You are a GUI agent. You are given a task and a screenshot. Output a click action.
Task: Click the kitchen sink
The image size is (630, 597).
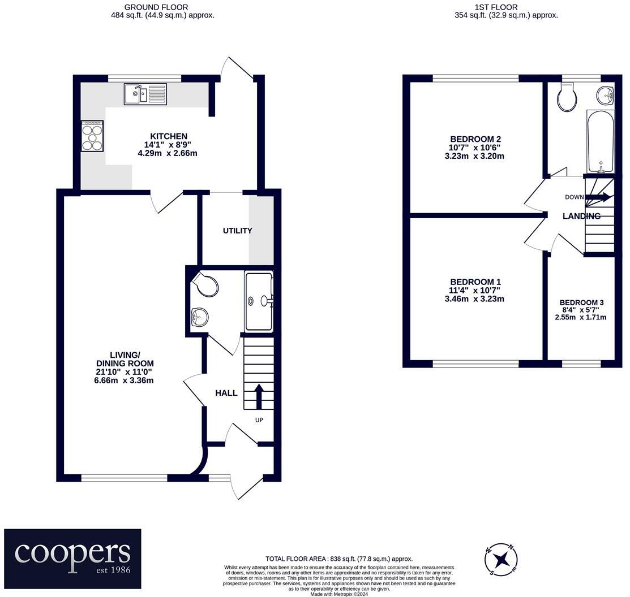click(x=145, y=94)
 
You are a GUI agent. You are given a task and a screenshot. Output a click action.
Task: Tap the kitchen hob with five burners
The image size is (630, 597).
click(x=92, y=136)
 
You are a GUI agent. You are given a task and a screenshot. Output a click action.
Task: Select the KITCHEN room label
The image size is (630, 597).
click(x=169, y=136)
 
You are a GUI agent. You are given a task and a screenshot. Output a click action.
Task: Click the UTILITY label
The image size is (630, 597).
click(x=238, y=231)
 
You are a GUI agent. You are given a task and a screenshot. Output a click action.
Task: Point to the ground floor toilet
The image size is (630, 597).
click(x=205, y=284)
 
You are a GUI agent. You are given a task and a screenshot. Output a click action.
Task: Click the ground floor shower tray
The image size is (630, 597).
click(x=259, y=301)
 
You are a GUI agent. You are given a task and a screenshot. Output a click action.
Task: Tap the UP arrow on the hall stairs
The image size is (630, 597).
click(x=259, y=396)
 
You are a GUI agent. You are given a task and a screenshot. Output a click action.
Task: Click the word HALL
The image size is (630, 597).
click(x=226, y=393)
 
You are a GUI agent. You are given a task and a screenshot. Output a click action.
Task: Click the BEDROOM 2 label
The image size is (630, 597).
click(x=475, y=139)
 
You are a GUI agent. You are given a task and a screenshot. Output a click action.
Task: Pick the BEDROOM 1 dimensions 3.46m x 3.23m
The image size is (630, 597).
click(x=474, y=299)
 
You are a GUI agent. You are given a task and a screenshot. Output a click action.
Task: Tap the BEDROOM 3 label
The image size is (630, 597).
click(x=581, y=302)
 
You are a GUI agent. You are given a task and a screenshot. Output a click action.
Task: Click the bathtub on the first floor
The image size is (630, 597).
click(x=600, y=141)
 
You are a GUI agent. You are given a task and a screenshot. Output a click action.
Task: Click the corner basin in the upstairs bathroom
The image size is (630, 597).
click(x=606, y=95)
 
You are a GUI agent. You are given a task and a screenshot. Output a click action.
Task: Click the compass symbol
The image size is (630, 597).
click(x=501, y=559)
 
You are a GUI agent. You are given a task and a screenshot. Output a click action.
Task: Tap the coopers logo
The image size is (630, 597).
click(x=72, y=559)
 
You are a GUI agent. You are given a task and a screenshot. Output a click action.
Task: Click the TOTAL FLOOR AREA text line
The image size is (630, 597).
click(x=339, y=559)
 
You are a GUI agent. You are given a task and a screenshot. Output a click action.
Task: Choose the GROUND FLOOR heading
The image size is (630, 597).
click(x=156, y=7)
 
